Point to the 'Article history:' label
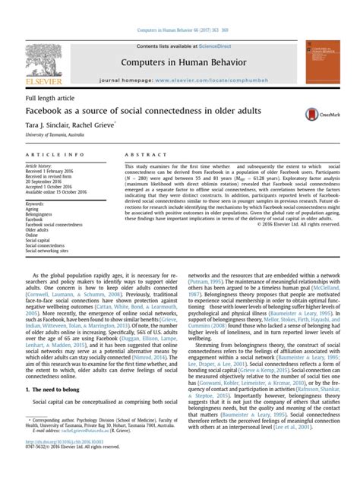[x=39, y=166]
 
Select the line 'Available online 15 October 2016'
[x=60, y=191]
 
